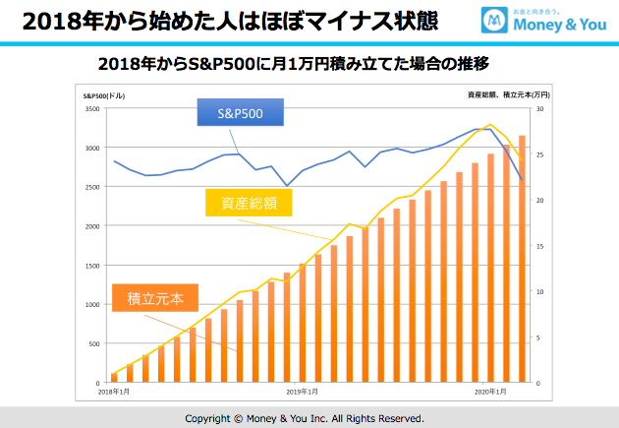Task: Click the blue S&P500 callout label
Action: pos(242,114)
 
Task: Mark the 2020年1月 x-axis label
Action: pos(490,393)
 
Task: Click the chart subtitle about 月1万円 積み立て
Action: pos(294,64)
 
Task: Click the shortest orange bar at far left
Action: pos(114,377)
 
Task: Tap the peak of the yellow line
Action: pos(490,125)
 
